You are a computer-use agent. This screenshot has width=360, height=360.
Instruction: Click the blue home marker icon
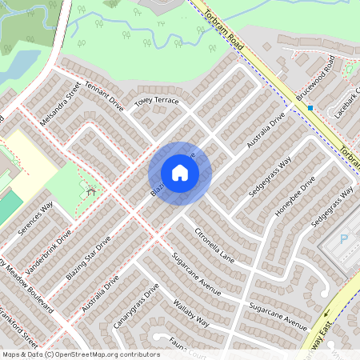click(180, 173)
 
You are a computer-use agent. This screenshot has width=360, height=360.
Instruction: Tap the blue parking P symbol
click(345, 238)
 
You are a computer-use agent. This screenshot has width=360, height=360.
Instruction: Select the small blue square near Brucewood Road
click(310, 107)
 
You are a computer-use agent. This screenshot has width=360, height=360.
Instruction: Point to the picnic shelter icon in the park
click(91, 190)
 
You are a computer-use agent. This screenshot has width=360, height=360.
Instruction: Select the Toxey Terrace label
click(157, 102)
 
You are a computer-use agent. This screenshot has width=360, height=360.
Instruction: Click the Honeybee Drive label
click(297, 197)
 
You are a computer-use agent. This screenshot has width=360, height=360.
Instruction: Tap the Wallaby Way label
click(191, 313)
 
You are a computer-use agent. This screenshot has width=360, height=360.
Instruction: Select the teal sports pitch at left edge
click(8, 207)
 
